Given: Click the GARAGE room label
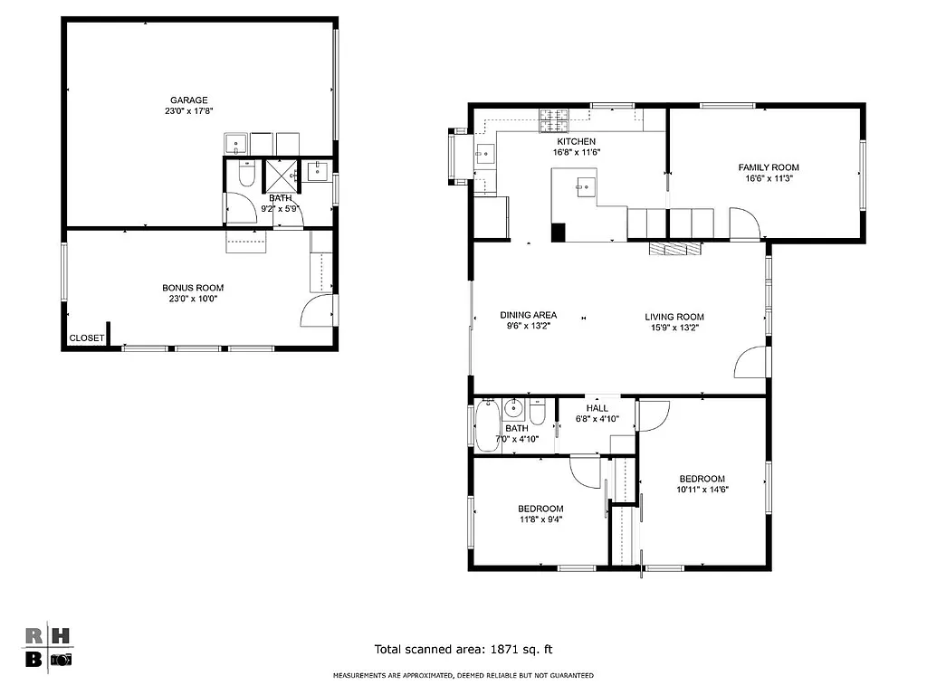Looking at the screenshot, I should pyautogui.click(x=189, y=100).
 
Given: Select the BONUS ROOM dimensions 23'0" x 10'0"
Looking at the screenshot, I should pyautogui.click(x=192, y=299).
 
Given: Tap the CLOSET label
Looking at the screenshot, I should pyautogui.click(x=87, y=338).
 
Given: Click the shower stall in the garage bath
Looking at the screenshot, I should pyautogui.click(x=281, y=174).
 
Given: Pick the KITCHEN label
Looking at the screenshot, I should pyautogui.click(x=576, y=141).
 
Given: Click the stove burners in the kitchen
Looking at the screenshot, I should pyautogui.click(x=553, y=116).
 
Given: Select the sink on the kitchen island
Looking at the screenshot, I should pyautogui.click(x=584, y=188).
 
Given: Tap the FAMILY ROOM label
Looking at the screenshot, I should pyautogui.click(x=769, y=167).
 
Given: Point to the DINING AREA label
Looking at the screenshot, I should pyautogui.click(x=528, y=316).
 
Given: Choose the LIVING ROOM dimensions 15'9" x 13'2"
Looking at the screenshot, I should pyautogui.click(x=674, y=328).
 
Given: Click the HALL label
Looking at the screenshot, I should pyautogui.click(x=597, y=407).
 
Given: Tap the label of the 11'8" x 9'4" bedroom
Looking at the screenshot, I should pyautogui.click(x=540, y=509).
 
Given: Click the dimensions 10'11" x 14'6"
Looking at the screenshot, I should pyautogui.click(x=702, y=490).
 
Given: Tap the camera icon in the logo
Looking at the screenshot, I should pyautogui.click(x=60, y=660).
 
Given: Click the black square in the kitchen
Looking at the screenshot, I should pyautogui.click(x=559, y=232).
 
